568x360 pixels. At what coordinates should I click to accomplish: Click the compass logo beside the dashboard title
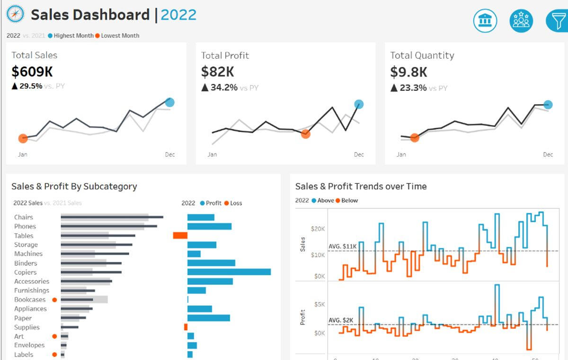(x=15, y=14)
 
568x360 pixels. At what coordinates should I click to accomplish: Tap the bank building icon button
(x=485, y=21)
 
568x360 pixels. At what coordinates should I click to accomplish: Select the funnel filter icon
(x=557, y=21)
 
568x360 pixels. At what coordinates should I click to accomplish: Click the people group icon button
(x=521, y=21)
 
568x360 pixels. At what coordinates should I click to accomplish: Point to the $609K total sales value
(x=32, y=72)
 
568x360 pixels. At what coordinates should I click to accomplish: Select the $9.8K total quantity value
(x=408, y=72)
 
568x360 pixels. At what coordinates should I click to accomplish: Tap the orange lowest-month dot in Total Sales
(x=23, y=138)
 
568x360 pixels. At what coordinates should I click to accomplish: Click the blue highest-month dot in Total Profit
(x=359, y=104)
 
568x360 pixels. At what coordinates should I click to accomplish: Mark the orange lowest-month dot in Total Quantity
(x=415, y=138)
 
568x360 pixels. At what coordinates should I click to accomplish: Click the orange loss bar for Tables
(x=180, y=235)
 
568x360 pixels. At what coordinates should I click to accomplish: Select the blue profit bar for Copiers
(x=229, y=272)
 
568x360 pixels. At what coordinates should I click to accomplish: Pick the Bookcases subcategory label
(x=30, y=299)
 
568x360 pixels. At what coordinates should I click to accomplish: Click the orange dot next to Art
(x=54, y=336)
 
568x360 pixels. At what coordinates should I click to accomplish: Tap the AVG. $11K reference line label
(x=342, y=246)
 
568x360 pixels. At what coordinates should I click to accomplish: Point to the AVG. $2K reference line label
(x=341, y=320)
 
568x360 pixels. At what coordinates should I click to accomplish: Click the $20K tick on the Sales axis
(x=318, y=229)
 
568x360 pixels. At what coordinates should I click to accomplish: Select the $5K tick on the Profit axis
(x=319, y=304)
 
